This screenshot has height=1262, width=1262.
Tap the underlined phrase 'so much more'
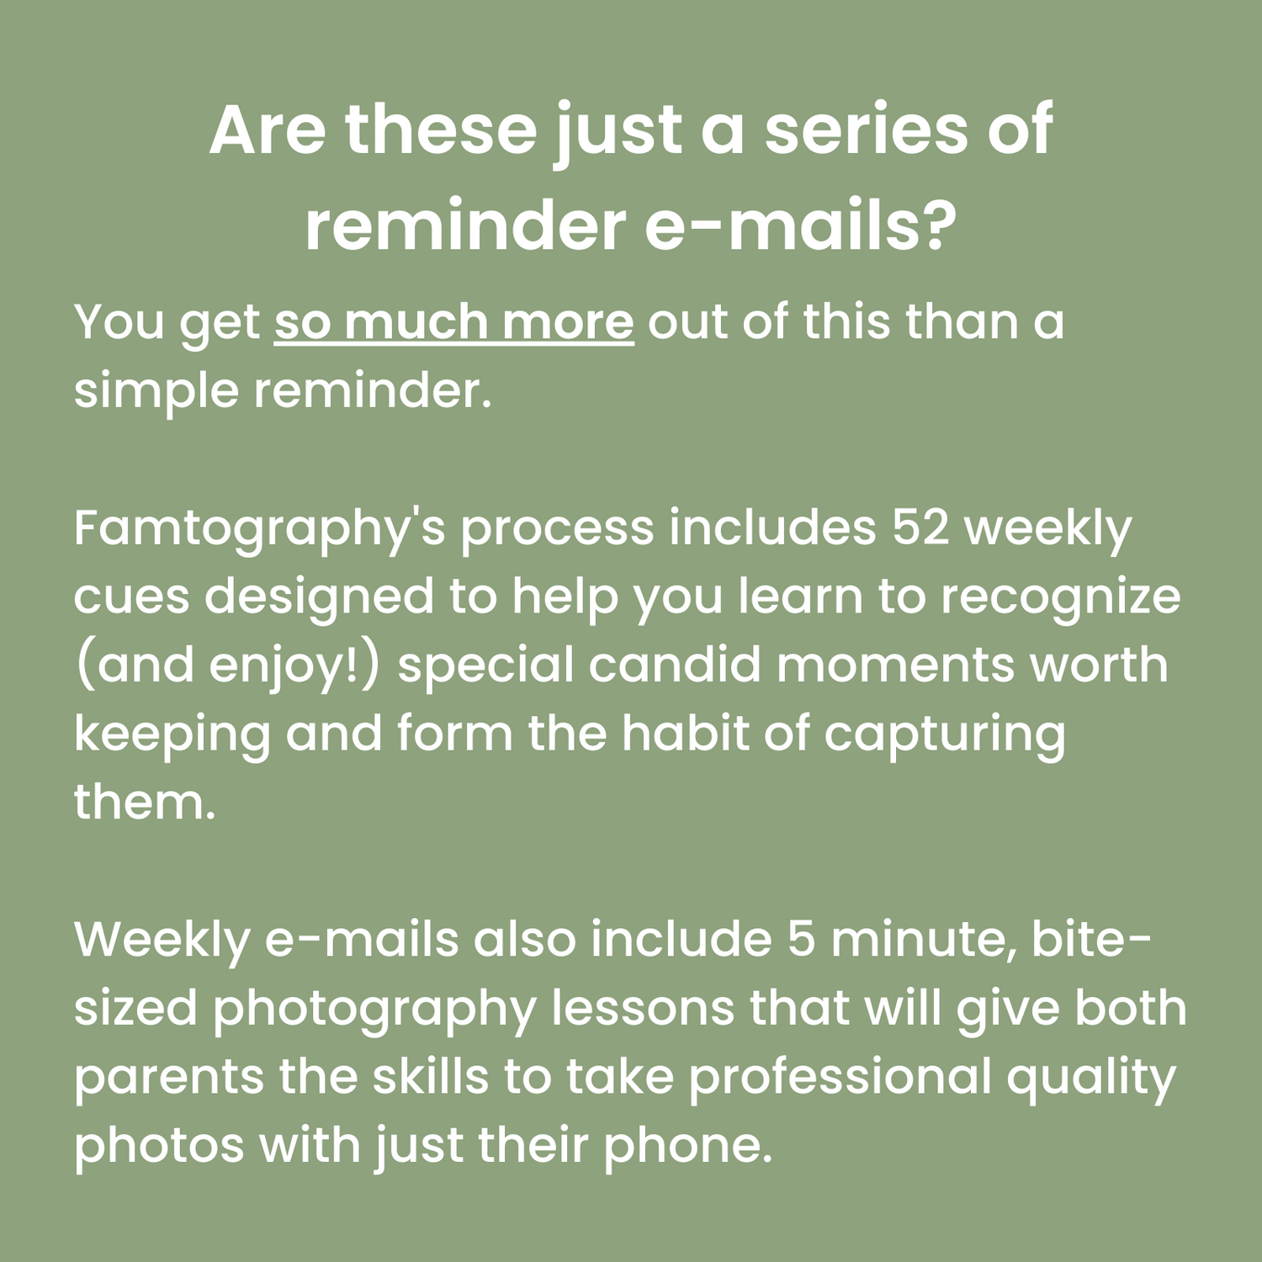453,323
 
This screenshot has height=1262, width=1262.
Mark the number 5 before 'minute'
802,940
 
